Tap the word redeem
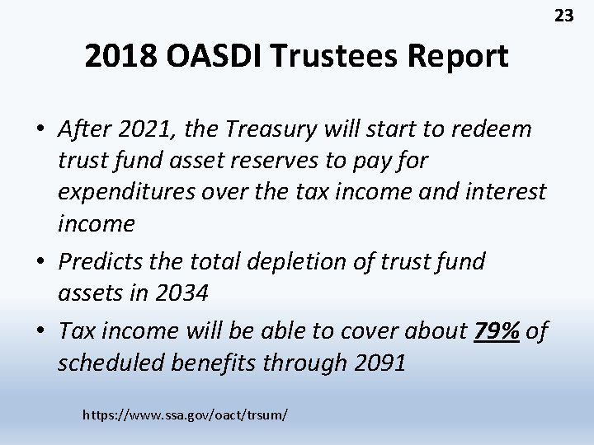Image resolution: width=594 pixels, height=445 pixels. pos(494,129)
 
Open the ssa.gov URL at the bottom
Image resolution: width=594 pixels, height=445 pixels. pos(185,414)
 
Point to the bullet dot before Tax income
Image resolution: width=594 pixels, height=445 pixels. pos(41,331)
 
